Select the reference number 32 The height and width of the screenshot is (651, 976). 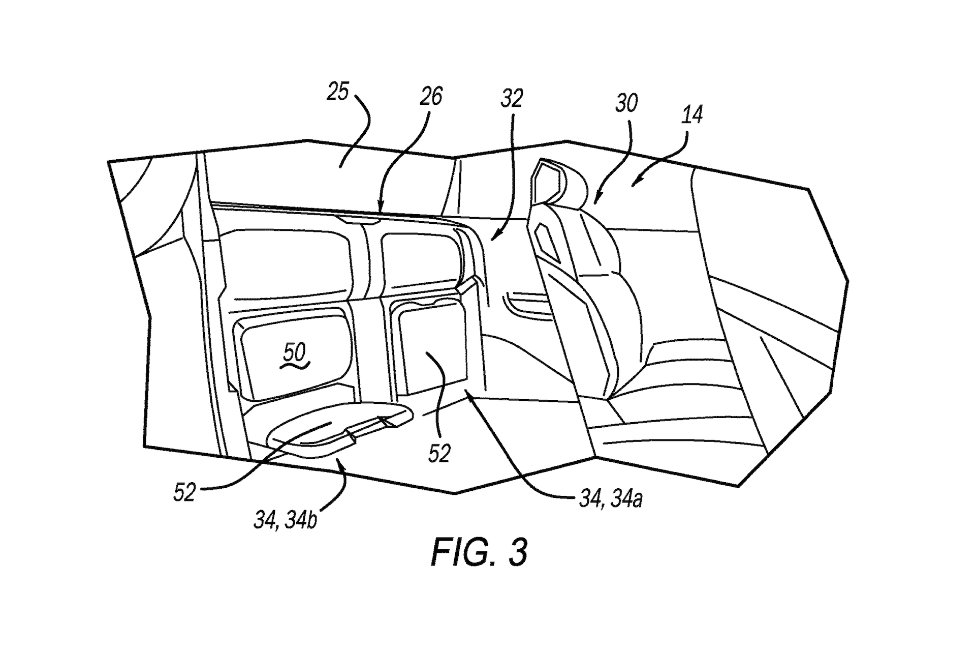(512, 98)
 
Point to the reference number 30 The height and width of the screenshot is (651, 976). (626, 103)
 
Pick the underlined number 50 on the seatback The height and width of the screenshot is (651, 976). (294, 352)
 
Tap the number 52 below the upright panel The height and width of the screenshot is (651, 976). (439, 453)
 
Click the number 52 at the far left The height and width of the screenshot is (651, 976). (184, 492)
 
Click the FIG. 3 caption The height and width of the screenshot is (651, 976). (480, 552)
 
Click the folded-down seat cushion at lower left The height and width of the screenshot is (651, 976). (325, 427)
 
